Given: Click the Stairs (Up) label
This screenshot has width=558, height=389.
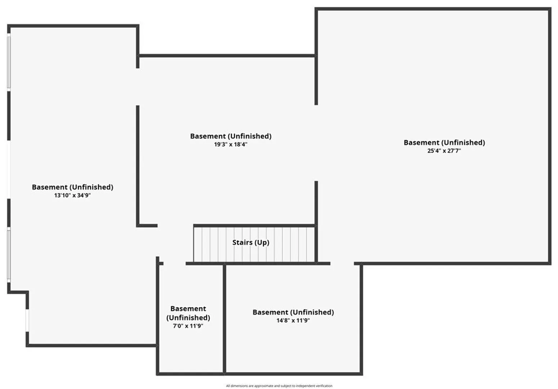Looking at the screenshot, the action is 251,242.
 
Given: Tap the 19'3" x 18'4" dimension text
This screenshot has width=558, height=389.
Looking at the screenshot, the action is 231,144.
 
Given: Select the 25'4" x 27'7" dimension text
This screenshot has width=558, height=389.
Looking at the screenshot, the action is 444,151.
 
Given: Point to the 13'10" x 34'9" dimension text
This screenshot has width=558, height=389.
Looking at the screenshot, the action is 72,195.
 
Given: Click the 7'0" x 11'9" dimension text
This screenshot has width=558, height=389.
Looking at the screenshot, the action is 188,326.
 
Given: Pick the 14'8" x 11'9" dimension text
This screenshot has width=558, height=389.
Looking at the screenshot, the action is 293,320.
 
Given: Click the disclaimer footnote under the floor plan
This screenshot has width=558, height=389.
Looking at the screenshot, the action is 279,386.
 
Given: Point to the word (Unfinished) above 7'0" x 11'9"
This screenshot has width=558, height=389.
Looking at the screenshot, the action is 188,318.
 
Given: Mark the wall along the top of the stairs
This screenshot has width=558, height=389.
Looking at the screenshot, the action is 254,225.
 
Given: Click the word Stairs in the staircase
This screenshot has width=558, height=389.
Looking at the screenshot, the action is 242,242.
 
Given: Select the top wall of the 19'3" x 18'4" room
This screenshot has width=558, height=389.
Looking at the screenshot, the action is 227,55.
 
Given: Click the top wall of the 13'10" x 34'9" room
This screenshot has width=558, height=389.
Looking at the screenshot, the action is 73,26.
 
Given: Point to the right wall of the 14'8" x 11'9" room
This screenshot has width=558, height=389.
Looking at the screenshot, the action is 361,320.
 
